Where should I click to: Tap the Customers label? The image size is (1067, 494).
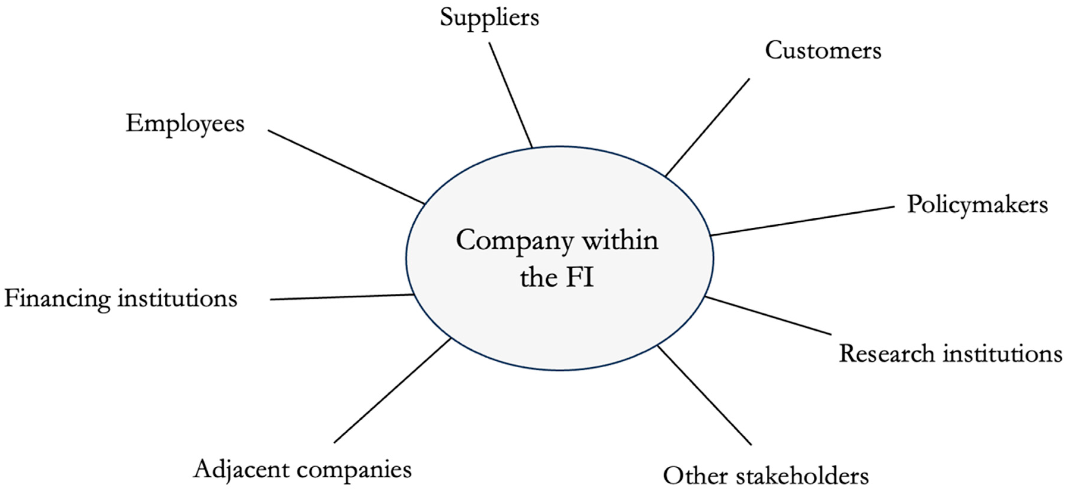click(x=823, y=51)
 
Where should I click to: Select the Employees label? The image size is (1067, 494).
click(x=185, y=124)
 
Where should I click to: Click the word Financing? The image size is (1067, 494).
click(x=57, y=299)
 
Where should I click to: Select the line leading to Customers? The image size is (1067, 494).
click(x=707, y=127)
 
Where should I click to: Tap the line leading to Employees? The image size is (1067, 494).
click(x=346, y=167)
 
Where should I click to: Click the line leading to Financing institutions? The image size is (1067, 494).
click(x=342, y=297)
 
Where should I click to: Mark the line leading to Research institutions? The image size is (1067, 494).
click(x=768, y=316)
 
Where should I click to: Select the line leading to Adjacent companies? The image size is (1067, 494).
click(x=392, y=391)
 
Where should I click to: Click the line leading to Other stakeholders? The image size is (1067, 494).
click(x=704, y=396)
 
